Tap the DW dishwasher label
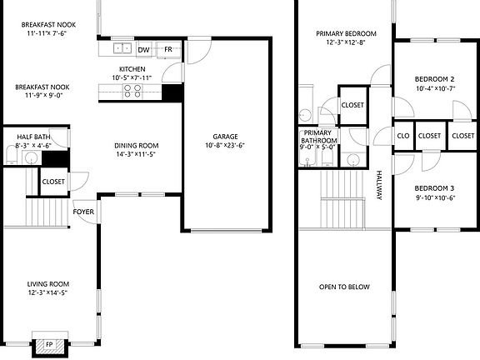(x=143, y=50)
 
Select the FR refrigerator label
(x=167, y=50)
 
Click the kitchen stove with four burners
(x=132, y=92)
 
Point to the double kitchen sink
(x=122, y=49)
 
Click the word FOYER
(x=83, y=212)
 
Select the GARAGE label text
(x=225, y=136)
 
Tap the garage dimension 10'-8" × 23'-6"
(x=225, y=145)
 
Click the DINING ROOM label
(x=137, y=145)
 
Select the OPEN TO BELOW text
(x=345, y=287)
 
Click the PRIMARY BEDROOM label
(x=345, y=34)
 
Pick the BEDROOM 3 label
(x=435, y=187)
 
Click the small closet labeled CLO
(x=402, y=136)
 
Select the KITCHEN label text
(x=132, y=69)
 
